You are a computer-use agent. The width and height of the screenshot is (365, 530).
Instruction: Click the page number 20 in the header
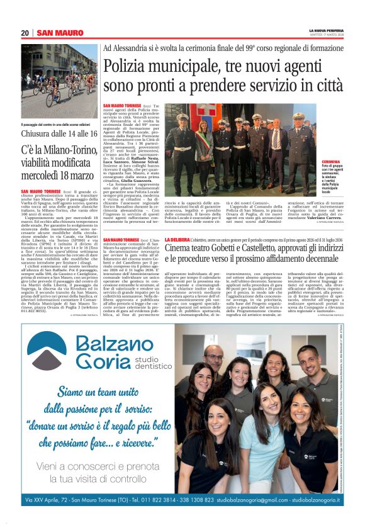click(x=25, y=33)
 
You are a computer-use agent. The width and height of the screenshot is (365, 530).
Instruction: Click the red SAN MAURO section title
click(x=60, y=33)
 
